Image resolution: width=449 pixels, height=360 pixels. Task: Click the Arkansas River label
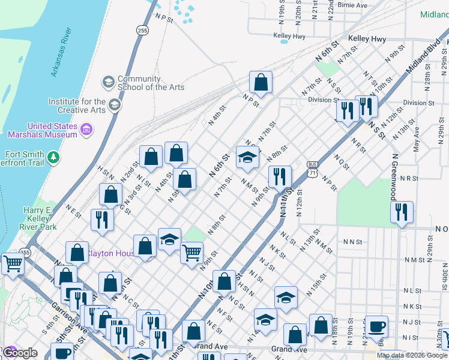(62, 52)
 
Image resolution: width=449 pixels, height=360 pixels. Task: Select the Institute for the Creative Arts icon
(115, 105)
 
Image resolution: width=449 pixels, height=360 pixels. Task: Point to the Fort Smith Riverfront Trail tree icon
(54, 157)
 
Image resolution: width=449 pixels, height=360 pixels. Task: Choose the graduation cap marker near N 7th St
(247, 157)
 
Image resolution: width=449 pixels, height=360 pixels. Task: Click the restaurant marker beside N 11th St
(280, 177)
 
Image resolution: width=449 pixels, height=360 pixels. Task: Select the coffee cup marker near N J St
(377, 326)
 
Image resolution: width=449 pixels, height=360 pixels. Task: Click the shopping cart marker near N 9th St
(192, 253)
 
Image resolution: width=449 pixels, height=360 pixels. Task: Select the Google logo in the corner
(19, 353)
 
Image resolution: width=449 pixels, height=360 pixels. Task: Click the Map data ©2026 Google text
(412, 355)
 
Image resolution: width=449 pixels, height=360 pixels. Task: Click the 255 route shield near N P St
(142, 30)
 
